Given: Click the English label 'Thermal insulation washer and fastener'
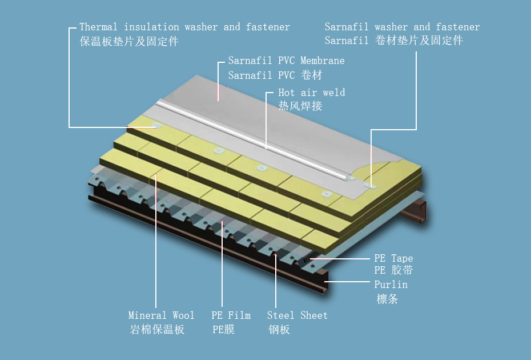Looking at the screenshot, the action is coord(184,27).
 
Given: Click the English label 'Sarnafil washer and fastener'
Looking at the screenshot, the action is coord(403,27).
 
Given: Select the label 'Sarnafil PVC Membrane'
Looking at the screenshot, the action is coord(286,61).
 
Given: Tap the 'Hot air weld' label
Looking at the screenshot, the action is coord(312,93).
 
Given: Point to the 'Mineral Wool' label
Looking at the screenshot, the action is coord(161,315).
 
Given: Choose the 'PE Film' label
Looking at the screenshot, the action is coord(231,315).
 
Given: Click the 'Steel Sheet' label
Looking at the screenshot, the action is coord(297,315).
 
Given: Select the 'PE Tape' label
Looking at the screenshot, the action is coord(393,258).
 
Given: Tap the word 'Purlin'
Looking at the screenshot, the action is coord(391,285).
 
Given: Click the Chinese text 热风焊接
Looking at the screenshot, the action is coord(300,106).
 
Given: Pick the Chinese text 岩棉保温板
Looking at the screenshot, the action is coord(157,330).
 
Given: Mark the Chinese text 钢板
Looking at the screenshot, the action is coord(279,330).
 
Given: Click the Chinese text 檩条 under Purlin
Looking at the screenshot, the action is coord(387,299).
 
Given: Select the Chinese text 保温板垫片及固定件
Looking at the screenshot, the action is coord(129,41).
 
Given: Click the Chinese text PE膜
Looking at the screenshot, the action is coord(223,330).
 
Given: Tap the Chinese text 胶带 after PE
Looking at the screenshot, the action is coord(403,270).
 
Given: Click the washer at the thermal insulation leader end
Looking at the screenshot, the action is coord(156,126).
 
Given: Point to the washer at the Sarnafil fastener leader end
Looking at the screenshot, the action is coord(370,186).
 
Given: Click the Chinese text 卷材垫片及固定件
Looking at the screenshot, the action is coord(419,41).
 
